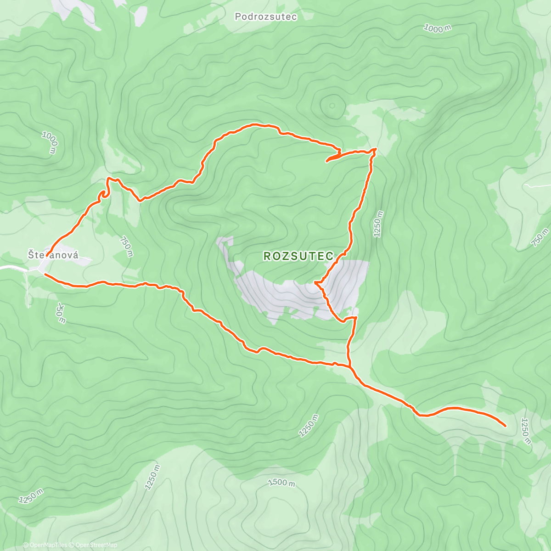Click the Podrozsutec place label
point(266,17)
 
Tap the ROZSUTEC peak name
point(298,256)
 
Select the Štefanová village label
point(53,254)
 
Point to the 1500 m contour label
point(281,483)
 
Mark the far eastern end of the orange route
point(506,426)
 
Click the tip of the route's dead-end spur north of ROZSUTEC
point(326,161)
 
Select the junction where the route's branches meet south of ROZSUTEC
point(350,367)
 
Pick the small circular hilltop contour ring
point(332,105)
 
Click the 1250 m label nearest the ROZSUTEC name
point(378,224)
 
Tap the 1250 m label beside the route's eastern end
point(526,431)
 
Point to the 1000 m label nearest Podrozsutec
point(437,28)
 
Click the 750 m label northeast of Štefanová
point(126,247)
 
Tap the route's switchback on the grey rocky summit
point(316,283)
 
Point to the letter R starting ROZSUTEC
point(267,256)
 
